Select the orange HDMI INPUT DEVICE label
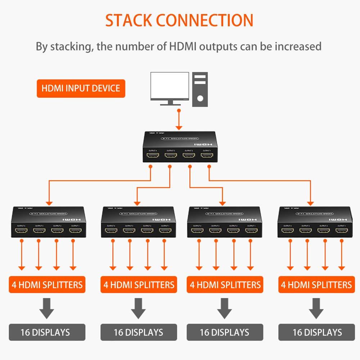81,88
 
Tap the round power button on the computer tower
200,98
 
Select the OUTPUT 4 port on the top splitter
152,156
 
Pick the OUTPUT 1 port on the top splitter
207,156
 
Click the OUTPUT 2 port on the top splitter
189,156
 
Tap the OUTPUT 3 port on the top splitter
170,156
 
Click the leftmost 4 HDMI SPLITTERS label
47,285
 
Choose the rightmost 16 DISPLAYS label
317,332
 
